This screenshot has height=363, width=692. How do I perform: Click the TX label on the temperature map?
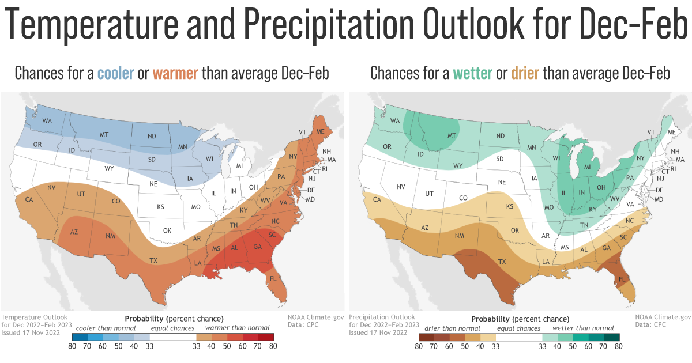(x=153, y=261)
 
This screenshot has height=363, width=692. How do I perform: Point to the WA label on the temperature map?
(x=47, y=121)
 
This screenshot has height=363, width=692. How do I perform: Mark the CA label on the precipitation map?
(x=378, y=199)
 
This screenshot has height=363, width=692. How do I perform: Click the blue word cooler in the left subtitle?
(x=115, y=73)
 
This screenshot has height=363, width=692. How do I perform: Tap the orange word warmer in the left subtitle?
(x=175, y=73)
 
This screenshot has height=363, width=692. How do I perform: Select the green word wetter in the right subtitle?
(x=472, y=73)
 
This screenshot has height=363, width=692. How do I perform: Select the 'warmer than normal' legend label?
(x=231, y=328)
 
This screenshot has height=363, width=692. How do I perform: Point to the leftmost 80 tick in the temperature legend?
(x=72, y=347)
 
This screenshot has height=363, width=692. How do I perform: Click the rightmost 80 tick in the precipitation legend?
(x=619, y=347)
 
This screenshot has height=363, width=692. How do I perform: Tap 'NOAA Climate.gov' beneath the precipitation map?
(x=663, y=317)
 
